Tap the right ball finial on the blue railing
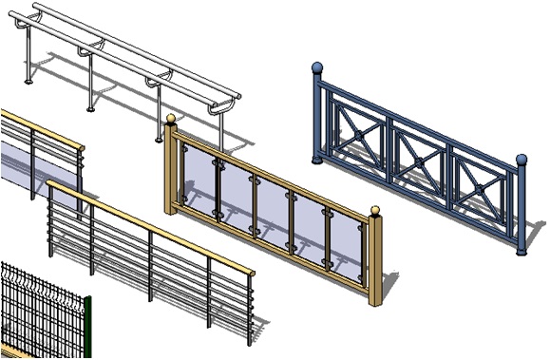(521, 160)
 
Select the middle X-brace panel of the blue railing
(416, 151)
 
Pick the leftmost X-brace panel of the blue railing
(358, 124)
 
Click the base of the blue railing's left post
(318, 158)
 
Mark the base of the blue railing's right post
(521, 253)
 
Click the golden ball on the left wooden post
(171, 119)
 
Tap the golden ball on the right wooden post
(374, 211)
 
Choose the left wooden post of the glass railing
(172, 171)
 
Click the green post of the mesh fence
(87, 328)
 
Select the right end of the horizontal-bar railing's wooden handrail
(252, 273)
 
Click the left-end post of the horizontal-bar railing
(50, 223)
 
